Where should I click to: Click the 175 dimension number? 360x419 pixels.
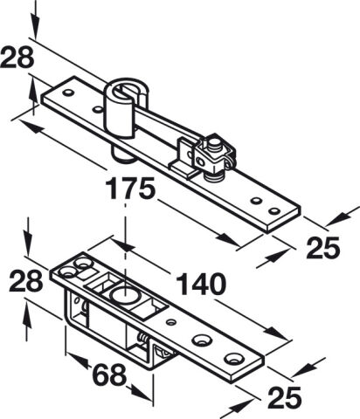[x=130, y=189]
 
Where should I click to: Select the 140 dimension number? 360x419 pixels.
[x=201, y=284]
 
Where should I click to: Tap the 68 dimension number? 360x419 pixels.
[x=109, y=374]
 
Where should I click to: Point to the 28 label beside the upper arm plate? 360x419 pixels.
[x=17, y=58]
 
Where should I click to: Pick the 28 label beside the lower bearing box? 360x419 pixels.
[x=26, y=281]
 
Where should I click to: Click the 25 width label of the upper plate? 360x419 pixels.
[x=323, y=248]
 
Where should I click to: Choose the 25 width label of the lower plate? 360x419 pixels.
[x=285, y=397]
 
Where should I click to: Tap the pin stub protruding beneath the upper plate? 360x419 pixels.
[x=121, y=154]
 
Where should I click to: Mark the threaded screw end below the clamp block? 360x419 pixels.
[x=215, y=176]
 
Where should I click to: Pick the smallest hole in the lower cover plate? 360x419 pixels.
[x=171, y=322]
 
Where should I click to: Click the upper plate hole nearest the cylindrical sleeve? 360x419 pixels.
[x=97, y=110]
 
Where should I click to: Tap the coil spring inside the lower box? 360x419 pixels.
[x=142, y=338]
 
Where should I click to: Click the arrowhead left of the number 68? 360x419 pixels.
[x=80, y=361]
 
